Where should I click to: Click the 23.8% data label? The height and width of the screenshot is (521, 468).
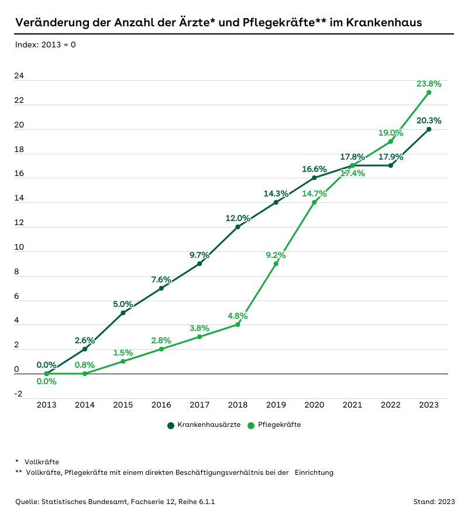tap(429, 84)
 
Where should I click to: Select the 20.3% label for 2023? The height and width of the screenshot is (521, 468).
tap(429, 121)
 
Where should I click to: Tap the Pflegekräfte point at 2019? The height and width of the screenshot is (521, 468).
tap(276, 264)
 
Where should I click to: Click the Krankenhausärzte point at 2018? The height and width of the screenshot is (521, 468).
tap(238, 227)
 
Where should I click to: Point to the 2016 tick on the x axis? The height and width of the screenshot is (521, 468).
tap(161, 405)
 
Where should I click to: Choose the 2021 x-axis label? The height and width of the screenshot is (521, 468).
tap(352, 405)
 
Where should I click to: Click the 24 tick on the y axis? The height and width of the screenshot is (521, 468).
tap(19, 77)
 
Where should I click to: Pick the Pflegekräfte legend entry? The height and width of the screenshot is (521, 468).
tap(274, 425)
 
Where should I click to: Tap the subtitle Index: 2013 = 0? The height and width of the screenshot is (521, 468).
tap(46, 44)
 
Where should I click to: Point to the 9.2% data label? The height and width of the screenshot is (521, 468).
tap(276, 255)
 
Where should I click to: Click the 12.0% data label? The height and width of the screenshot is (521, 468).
tap(238, 218)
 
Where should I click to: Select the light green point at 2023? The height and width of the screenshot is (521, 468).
tap(429, 92)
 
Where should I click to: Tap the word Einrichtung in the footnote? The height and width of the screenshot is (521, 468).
tap(314, 472)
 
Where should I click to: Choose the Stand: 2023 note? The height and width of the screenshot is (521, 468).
tap(433, 502)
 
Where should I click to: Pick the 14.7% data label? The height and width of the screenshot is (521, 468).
tap(315, 194)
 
